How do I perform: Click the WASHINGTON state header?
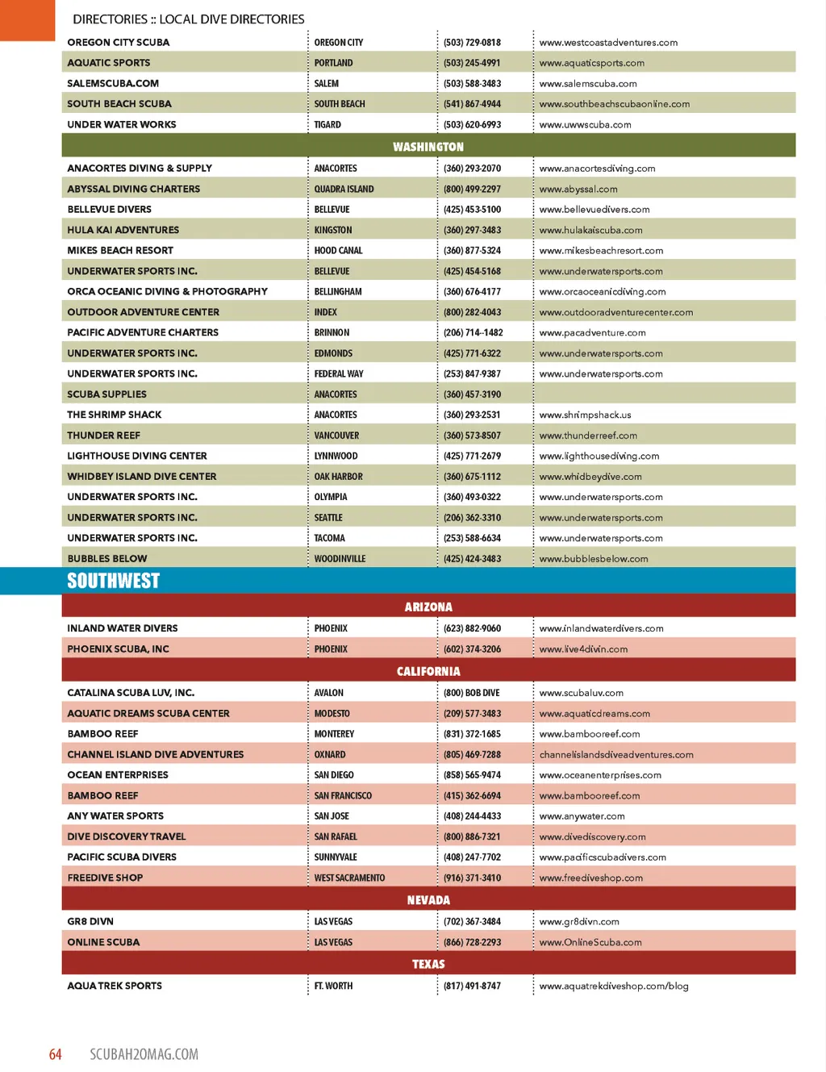[428, 147]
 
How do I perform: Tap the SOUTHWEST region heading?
[114, 581]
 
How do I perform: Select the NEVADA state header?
[428, 900]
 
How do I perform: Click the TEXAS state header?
[428, 964]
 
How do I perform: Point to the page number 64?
[55, 1054]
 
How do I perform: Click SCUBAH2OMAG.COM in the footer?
[144, 1054]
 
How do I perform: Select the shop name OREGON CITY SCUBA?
[119, 42]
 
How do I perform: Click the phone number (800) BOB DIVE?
[471, 693]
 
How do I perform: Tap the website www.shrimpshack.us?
[585, 415]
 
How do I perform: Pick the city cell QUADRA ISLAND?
[344, 189]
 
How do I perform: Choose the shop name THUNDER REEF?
[104, 436]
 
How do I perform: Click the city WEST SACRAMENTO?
[349, 878]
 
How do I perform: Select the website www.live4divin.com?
[583, 649]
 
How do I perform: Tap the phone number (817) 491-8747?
[472, 986]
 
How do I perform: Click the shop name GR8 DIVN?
[90, 921]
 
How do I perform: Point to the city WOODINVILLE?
[340, 558]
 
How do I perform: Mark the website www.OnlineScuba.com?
[590, 942]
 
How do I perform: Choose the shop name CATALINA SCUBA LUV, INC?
[131, 693]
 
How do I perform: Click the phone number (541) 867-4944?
[472, 104]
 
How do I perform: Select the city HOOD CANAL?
[338, 250]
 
